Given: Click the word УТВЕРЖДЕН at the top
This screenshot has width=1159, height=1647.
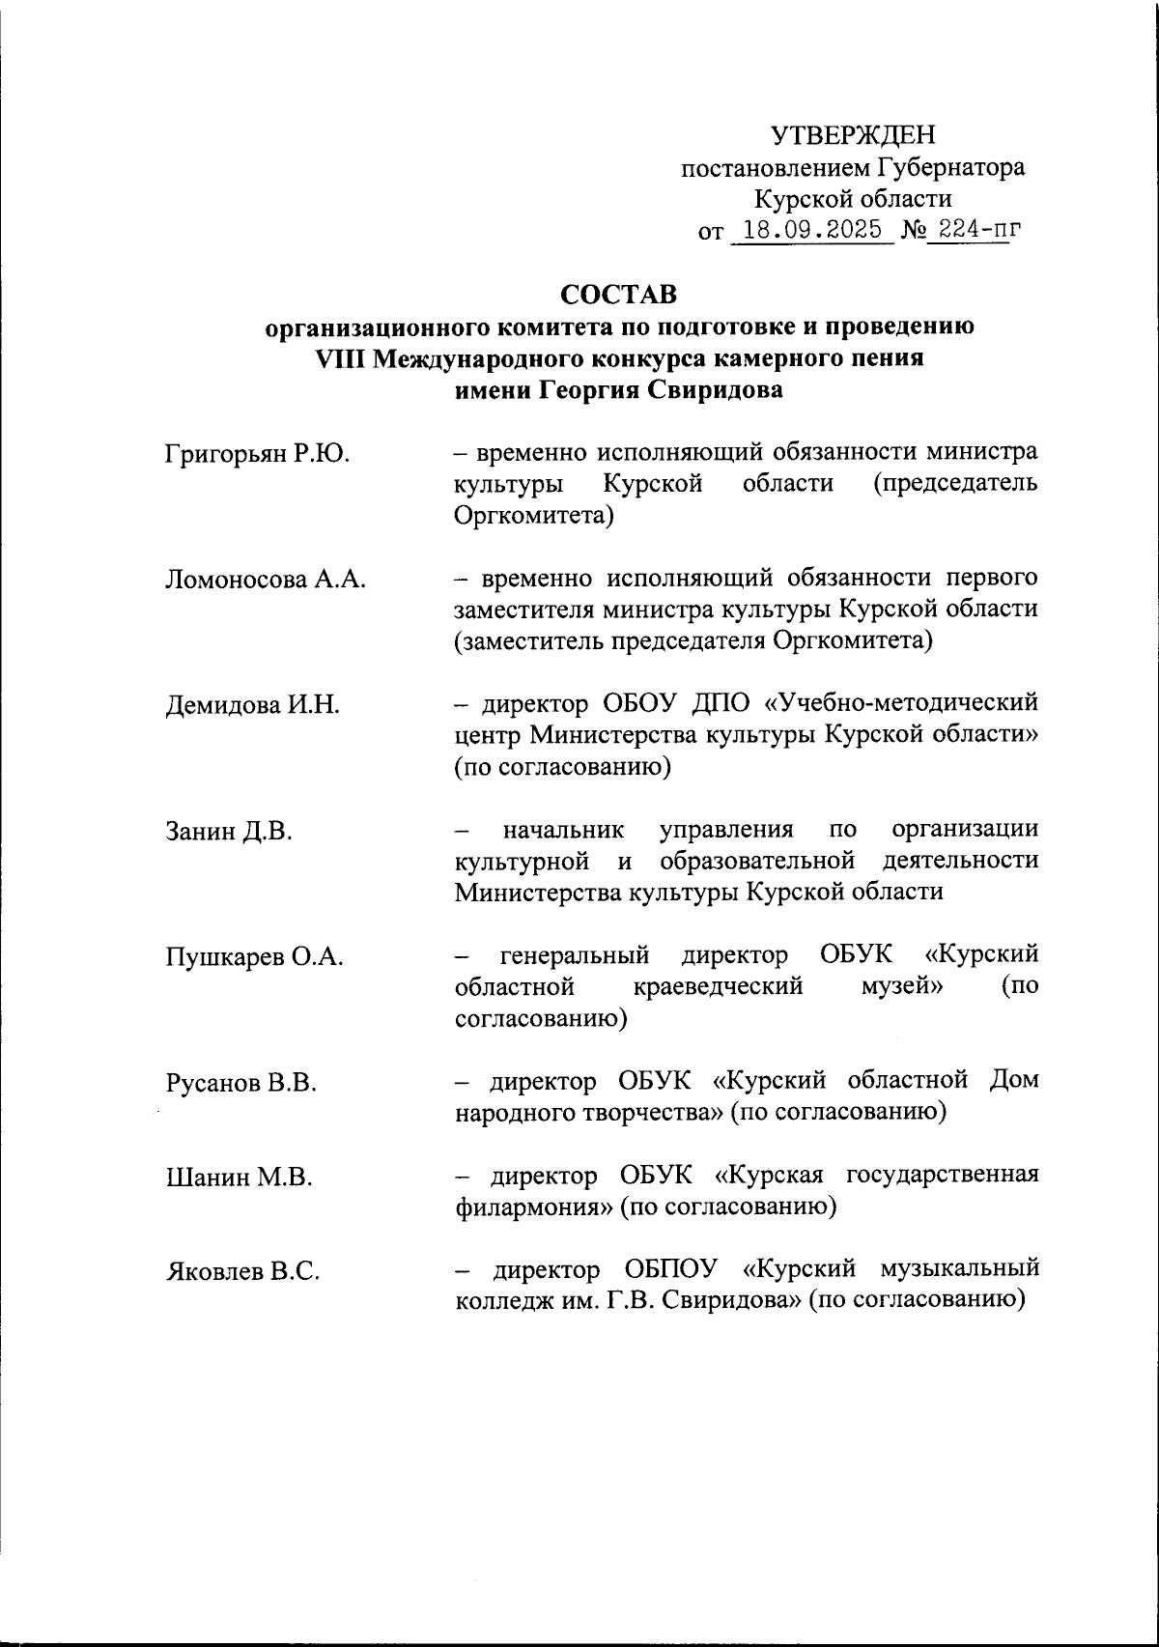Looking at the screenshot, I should coord(853,135).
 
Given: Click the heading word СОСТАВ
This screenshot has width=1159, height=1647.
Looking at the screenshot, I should coord(619,293).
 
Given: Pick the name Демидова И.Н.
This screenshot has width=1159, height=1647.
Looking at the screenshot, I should coord(252,705).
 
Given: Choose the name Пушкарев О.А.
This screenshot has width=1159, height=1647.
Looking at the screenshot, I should coord(255,957).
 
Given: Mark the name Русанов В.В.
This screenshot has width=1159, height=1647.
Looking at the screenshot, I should coord(241,1083).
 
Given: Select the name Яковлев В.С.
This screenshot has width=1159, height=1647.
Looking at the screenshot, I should coord(242,1272).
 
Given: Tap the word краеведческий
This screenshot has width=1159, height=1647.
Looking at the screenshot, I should coord(720,988).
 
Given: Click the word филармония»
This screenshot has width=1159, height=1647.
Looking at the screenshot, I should coord(533,1207).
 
